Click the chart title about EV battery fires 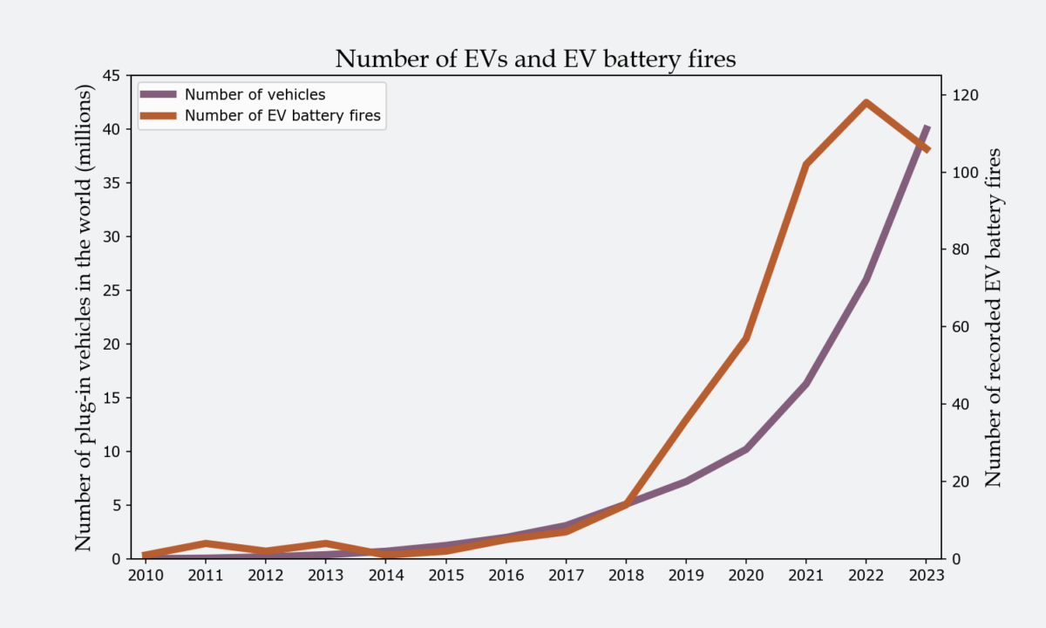pyautogui.click(x=536, y=59)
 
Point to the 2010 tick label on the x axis pyautogui.click(x=145, y=576)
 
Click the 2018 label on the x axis pyautogui.click(x=625, y=576)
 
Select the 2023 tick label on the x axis pyautogui.click(x=926, y=576)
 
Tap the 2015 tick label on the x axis pyautogui.click(x=445, y=576)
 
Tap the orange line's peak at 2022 pyautogui.click(x=866, y=103)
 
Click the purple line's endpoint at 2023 pyautogui.click(x=927, y=127)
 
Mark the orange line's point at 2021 pyautogui.click(x=805, y=164)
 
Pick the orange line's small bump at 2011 pyautogui.click(x=205, y=543)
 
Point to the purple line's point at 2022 pyautogui.click(x=866, y=279)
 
